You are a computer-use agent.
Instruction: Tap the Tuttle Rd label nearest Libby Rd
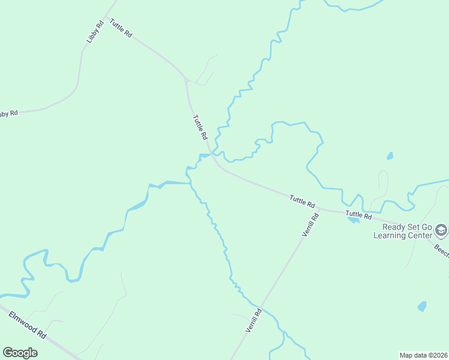(x=120, y=29)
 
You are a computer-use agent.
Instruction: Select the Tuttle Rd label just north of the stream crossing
(x=200, y=127)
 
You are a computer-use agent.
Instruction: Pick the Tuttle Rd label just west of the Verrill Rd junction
(x=302, y=201)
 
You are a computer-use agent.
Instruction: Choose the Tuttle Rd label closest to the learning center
(x=358, y=214)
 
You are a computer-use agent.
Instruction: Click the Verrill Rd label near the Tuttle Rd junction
(x=310, y=224)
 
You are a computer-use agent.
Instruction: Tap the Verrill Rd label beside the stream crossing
(x=254, y=320)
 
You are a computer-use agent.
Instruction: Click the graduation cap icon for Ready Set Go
(x=441, y=230)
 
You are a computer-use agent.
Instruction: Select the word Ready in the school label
(x=394, y=227)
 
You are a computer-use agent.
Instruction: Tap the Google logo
(x=20, y=353)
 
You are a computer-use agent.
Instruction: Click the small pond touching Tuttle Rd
(x=353, y=219)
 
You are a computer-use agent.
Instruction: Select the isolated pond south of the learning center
(x=422, y=307)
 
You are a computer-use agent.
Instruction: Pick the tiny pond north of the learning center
(x=390, y=156)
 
